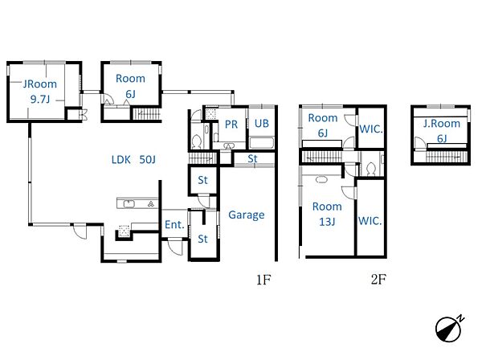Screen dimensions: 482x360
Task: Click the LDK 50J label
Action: click(x=133, y=160)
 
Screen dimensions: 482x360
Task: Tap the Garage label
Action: click(x=247, y=215)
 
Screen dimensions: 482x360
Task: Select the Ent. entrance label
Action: click(x=174, y=225)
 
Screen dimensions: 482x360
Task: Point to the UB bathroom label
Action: click(x=262, y=123)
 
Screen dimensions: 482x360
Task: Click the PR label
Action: click(x=231, y=125)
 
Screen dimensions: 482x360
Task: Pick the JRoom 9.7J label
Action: click(x=40, y=92)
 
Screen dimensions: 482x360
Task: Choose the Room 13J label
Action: click(x=327, y=214)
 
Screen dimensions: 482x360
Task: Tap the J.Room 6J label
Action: click(x=442, y=131)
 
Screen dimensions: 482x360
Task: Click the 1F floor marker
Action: click(x=263, y=280)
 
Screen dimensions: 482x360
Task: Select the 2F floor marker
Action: click(x=378, y=280)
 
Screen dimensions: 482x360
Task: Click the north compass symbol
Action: click(x=449, y=329)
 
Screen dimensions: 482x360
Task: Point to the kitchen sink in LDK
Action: click(x=129, y=204)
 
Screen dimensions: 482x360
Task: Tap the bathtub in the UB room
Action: click(x=262, y=143)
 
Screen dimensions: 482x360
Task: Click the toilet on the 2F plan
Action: click(x=370, y=169)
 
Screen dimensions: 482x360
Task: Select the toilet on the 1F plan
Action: click(x=197, y=141)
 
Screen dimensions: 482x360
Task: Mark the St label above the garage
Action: click(x=252, y=159)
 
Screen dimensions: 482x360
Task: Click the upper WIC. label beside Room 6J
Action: click(x=370, y=129)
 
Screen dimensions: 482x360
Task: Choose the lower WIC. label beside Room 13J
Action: click(x=370, y=221)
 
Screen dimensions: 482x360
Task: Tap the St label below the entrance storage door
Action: click(x=202, y=239)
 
